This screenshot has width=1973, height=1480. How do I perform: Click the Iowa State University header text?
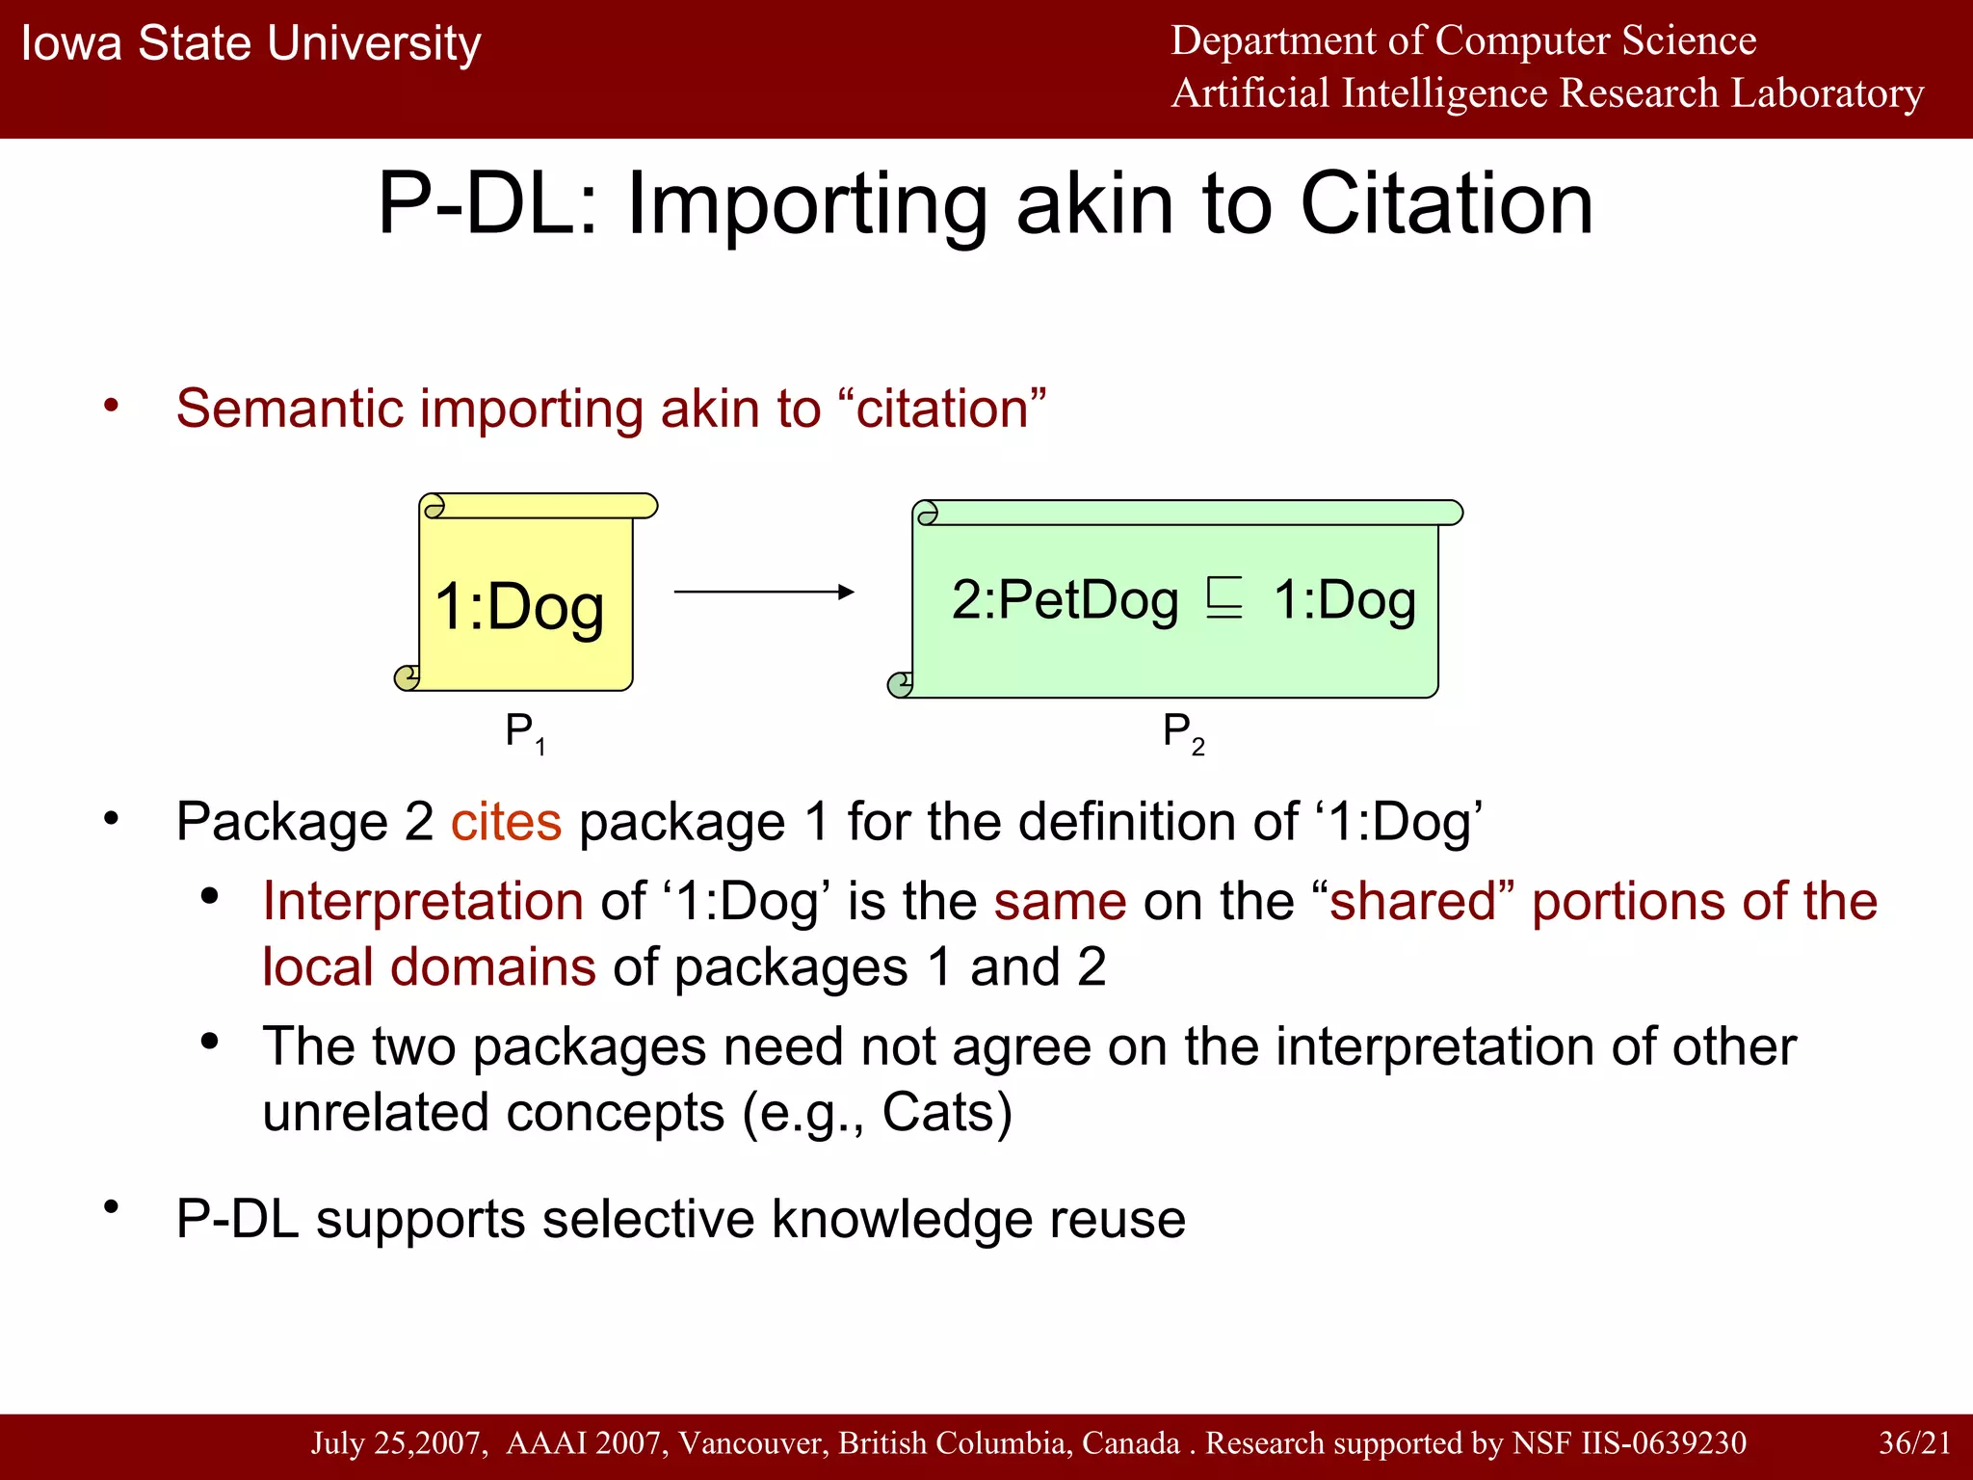(x=250, y=44)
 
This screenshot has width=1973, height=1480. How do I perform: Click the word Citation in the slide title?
(x=1446, y=204)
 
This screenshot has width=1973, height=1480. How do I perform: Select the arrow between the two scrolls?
(x=763, y=592)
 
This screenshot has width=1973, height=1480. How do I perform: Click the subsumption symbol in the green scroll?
(x=1224, y=598)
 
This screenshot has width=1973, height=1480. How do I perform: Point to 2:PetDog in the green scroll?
(x=1065, y=600)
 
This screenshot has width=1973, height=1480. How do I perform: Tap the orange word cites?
(x=506, y=822)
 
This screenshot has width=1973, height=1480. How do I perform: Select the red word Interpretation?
(x=423, y=902)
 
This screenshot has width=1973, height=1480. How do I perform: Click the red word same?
(x=1060, y=902)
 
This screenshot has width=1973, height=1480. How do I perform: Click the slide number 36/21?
(x=1913, y=1442)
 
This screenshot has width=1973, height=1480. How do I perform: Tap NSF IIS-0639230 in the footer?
(x=1628, y=1442)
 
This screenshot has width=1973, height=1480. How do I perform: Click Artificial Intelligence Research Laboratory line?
(x=1546, y=93)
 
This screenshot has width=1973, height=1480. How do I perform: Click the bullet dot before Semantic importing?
(x=112, y=406)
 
